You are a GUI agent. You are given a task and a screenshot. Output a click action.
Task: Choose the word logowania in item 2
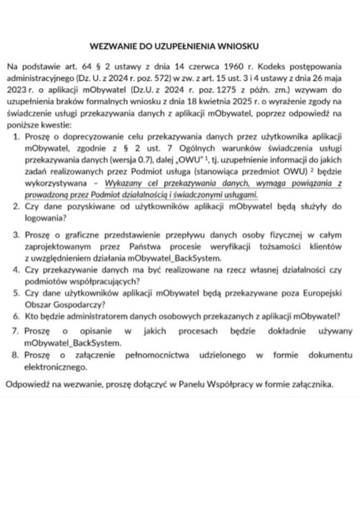click(x=41, y=217)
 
